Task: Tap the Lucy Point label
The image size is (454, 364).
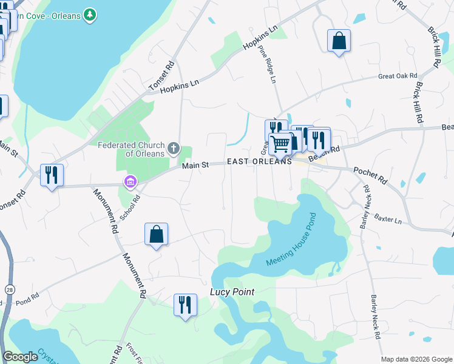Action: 232,292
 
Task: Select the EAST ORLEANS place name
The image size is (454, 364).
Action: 259,162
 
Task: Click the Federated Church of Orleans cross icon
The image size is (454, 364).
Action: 174,147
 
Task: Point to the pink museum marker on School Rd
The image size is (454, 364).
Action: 129,181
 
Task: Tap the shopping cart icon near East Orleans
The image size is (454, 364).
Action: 280,144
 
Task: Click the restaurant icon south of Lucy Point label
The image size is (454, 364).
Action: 185,304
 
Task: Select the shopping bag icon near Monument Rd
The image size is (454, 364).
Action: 156,234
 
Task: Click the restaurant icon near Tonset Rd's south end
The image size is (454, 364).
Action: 51,175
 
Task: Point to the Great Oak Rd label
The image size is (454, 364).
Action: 398,76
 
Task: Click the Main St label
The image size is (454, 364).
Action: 196,164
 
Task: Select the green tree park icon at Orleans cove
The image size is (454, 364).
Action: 90,14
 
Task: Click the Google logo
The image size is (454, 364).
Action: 21,357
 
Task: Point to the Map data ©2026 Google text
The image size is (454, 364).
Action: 416,359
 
